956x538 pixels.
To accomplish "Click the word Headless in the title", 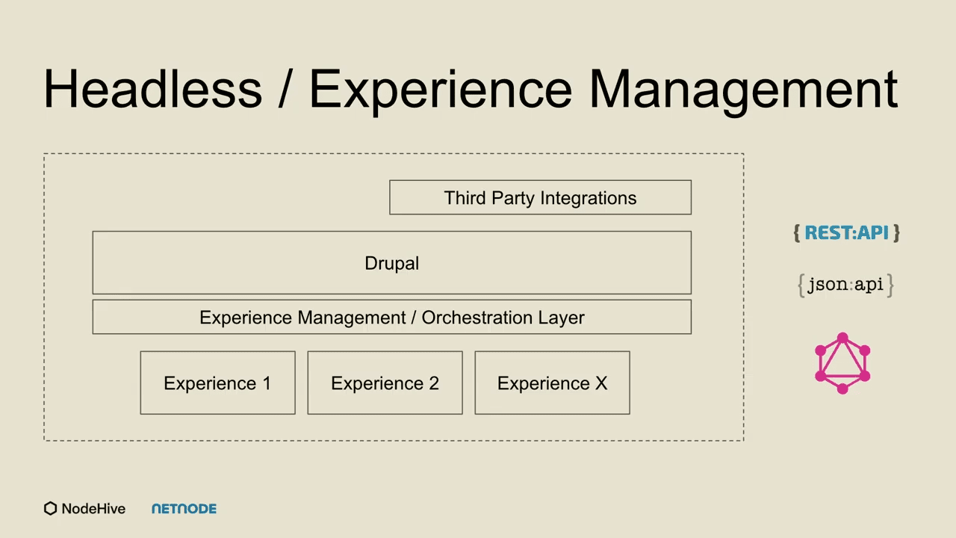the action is click(x=153, y=89).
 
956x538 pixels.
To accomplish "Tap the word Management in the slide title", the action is click(x=743, y=91).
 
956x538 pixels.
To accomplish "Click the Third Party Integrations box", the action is click(x=540, y=197).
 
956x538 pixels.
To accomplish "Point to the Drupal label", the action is click(x=392, y=263).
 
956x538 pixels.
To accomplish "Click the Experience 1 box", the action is click(x=217, y=383).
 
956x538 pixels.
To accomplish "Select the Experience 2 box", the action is click(x=385, y=383).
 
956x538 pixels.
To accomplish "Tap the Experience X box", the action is click(x=552, y=383).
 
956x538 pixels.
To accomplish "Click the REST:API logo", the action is click(x=846, y=233).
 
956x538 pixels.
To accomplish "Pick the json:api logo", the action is click(x=845, y=285).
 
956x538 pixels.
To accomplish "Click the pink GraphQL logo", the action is click(x=842, y=363).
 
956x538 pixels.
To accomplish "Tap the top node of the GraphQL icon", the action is click(x=842, y=338).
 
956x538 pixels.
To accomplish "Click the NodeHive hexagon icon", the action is click(x=50, y=509).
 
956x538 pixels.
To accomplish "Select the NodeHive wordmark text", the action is click(x=93, y=509).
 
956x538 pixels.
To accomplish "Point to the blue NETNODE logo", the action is click(x=184, y=509).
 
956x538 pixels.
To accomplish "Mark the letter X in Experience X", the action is click(x=601, y=383).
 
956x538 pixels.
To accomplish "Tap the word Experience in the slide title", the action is click(x=441, y=91).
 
